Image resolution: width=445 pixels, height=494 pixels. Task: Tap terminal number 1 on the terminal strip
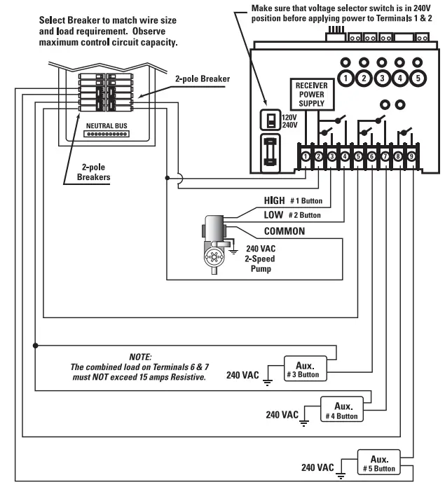tap(306, 156)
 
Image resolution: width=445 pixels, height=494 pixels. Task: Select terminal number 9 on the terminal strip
tap(411, 156)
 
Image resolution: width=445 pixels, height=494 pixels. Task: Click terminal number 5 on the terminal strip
tap(358, 156)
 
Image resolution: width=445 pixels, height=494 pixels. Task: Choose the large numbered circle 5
tap(416, 78)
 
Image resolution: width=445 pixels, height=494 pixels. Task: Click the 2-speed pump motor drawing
tap(212, 245)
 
